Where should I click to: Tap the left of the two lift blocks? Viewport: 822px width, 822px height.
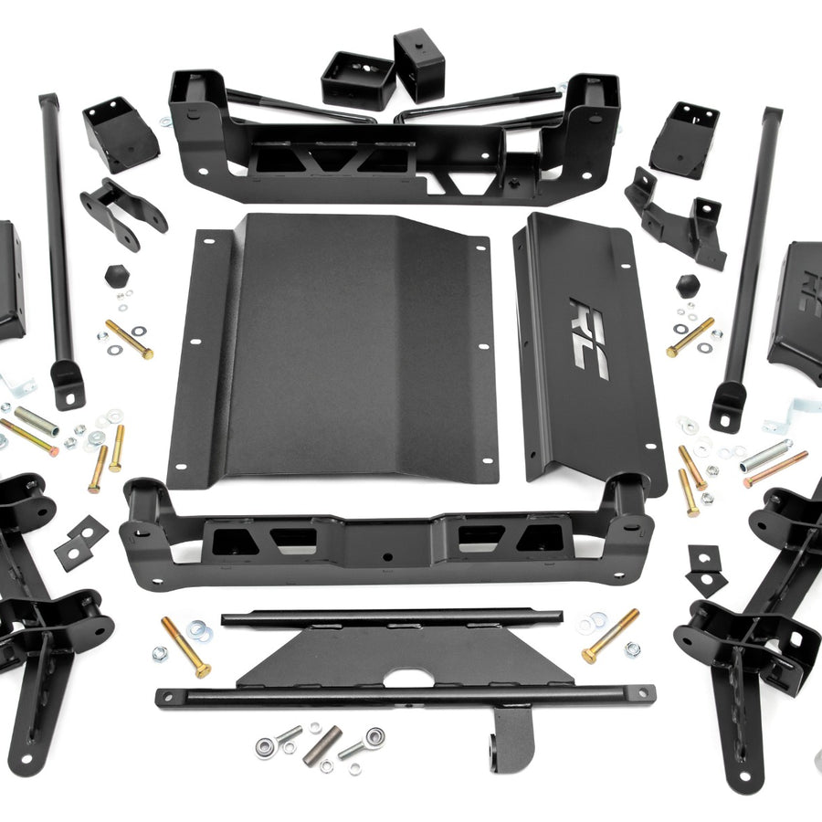coord(358,79)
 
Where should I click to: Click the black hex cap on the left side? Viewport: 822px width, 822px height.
coord(116,275)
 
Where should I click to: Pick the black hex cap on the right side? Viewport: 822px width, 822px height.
coord(688,285)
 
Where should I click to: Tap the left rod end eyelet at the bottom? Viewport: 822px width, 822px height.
coord(266,746)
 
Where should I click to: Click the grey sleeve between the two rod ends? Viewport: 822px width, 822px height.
coord(321,743)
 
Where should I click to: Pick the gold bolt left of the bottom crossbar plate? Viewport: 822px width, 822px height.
coord(185,646)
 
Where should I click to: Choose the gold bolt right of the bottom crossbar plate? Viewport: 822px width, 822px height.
coord(610,636)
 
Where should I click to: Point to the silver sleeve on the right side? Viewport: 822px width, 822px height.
coord(765,454)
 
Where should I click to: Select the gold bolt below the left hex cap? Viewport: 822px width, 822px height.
coord(129,339)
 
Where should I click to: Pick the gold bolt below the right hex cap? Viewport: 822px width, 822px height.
coord(690,337)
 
